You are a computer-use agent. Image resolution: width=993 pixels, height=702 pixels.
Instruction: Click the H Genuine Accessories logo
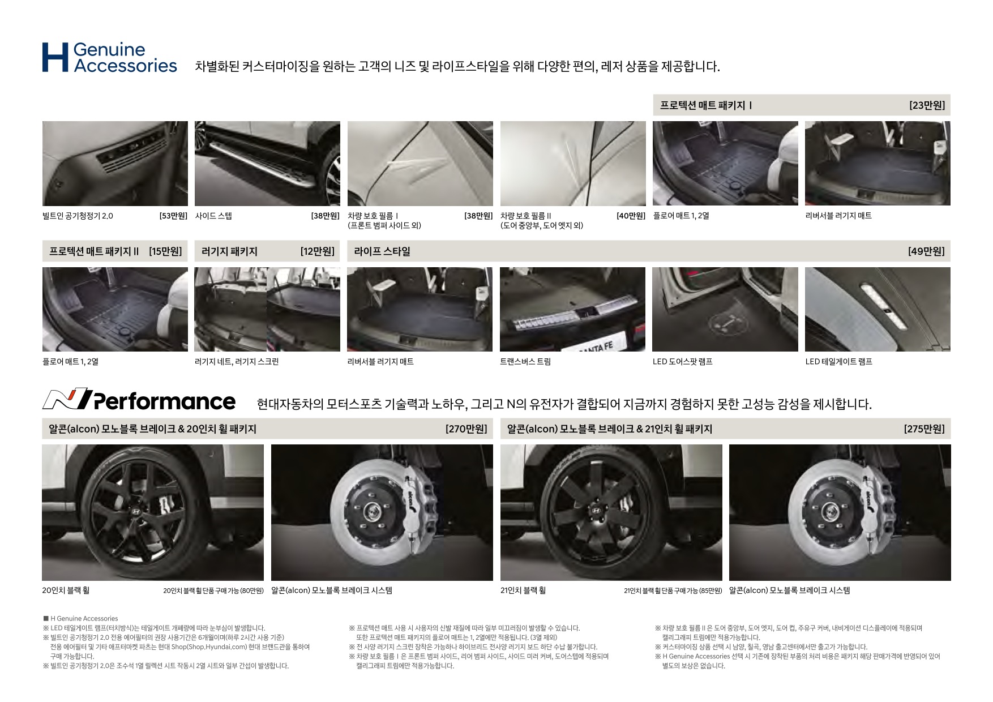109,57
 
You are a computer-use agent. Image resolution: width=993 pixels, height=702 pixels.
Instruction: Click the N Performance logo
139,400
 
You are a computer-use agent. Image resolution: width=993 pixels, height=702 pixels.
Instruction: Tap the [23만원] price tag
927,105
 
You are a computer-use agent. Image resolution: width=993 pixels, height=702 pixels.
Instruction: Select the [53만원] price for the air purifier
173,216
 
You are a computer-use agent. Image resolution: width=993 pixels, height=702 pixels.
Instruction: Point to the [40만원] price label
631,216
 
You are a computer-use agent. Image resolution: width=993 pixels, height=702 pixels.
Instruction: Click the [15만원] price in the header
165,251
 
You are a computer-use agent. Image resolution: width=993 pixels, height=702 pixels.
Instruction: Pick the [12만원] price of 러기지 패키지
317,251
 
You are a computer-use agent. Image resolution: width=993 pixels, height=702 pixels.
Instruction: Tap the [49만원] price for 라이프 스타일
926,251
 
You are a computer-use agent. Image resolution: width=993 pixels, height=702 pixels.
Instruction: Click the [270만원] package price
466,429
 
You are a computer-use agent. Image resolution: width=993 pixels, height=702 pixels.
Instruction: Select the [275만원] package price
924,429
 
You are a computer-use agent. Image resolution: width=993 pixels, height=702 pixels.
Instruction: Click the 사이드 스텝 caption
213,216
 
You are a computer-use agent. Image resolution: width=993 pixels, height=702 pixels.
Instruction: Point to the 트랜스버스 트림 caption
525,362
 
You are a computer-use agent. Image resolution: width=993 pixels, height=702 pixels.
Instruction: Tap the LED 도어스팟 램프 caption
682,362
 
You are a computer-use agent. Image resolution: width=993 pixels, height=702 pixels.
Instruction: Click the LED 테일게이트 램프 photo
878,309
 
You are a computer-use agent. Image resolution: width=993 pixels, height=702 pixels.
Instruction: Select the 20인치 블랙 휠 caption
66,590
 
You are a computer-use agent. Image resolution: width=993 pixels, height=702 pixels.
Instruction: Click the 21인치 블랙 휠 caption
523,590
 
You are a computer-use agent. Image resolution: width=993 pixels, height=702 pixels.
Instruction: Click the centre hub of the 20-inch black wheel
136,512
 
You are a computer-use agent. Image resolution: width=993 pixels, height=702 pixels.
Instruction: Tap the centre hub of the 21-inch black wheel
595,511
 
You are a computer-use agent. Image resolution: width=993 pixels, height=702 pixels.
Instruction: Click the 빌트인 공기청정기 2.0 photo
115,164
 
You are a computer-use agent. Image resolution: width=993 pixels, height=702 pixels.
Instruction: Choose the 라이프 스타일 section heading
382,251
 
